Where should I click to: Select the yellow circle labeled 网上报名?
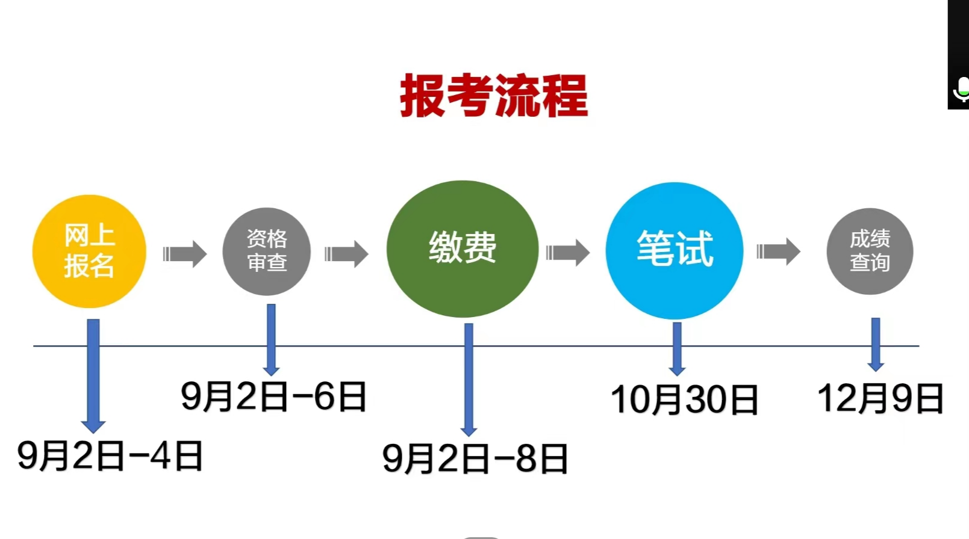coord(89,251)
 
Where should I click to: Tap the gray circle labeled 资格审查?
coord(267,251)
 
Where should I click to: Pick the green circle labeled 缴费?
coord(463,248)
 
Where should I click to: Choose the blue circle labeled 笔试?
coord(675,250)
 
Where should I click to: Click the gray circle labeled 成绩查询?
coord(870,251)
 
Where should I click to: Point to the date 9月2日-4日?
coord(110,455)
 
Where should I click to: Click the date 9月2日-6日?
coord(274,396)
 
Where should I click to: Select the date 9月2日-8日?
coord(475,458)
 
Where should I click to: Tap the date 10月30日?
coord(684,399)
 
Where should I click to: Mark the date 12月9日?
coord(880,398)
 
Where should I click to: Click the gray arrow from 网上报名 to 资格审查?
coord(185,253)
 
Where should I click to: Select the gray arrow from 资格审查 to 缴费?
coord(346,253)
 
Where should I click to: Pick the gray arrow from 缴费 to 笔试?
coord(568,253)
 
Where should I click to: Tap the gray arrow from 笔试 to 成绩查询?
coord(778,251)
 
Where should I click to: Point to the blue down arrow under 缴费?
coord(469,379)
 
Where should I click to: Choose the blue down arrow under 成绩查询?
coord(876,344)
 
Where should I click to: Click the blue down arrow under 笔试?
coord(677,349)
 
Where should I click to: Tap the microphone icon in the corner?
coord(961,90)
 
